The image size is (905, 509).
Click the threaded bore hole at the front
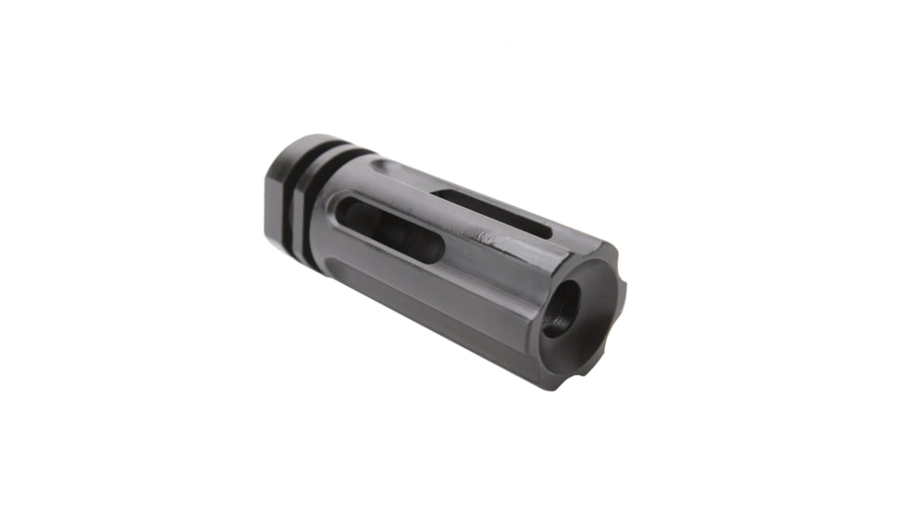tap(561, 307)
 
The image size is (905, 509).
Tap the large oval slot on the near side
tap(388, 231)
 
